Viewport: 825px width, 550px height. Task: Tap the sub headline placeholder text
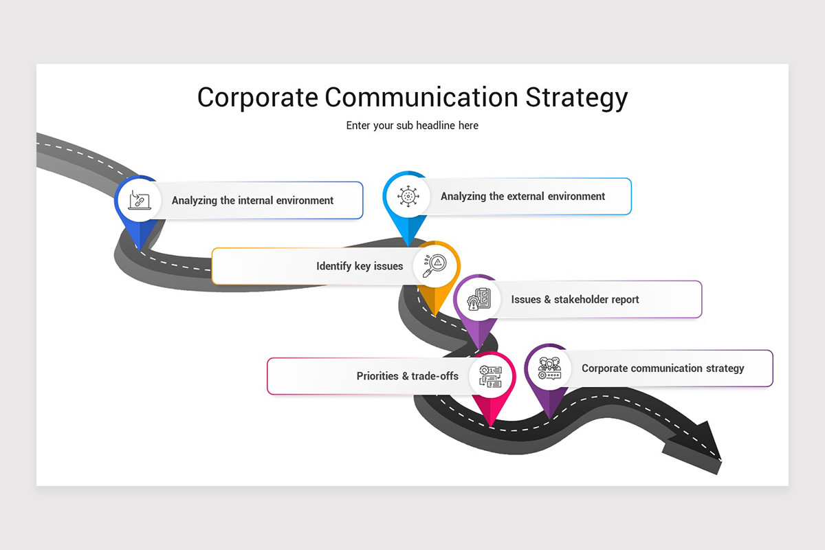(x=412, y=126)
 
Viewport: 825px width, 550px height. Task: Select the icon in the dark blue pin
(x=139, y=200)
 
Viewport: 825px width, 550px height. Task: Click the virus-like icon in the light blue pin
(x=408, y=196)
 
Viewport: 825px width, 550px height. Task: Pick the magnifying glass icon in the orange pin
(x=435, y=265)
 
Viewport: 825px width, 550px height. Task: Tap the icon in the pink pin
(x=490, y=375)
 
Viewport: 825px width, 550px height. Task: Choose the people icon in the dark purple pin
(x=549, y=368)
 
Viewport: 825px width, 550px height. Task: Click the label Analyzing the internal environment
(x=252, y=201)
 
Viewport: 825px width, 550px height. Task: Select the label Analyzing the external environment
(x=522, y=197)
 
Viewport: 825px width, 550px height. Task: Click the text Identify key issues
(x=360, y=266)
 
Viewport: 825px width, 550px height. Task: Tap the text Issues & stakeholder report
(x=575, y=300)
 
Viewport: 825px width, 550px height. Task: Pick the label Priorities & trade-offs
(x=407, y=376)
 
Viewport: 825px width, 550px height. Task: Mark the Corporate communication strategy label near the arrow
(x=663, y=368)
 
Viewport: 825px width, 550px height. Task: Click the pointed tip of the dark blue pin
(x=139, y=247)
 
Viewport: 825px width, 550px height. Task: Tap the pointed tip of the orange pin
(x=434, y=316)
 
